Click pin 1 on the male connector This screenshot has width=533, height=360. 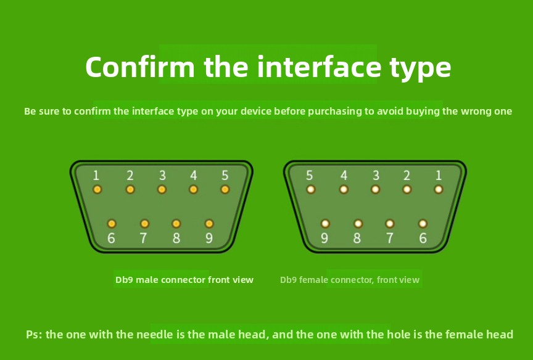tap(97, 189)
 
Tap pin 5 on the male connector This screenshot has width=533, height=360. tap(225, 189)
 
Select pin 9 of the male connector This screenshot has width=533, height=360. tap(209, 224)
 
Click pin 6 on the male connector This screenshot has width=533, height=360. tap(112, 224)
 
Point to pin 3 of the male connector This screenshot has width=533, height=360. tap(162, 189)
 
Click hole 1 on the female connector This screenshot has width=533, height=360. tap(439, 189)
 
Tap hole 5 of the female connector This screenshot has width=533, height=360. tap(311, 189)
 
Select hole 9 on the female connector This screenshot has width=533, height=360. tap(325, 224)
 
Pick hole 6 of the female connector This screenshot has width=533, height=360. tap(423, 224)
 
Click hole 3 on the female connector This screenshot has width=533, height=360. tap(375, 189)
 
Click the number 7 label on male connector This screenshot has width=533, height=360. tap(144, 238)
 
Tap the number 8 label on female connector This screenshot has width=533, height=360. tap(357, 238)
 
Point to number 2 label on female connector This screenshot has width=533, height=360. tap(407, 175)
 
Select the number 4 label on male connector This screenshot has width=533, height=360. tap(194, 175)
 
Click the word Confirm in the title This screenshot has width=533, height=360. tap(140, 67)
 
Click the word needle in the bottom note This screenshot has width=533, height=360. tap(155, 335)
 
